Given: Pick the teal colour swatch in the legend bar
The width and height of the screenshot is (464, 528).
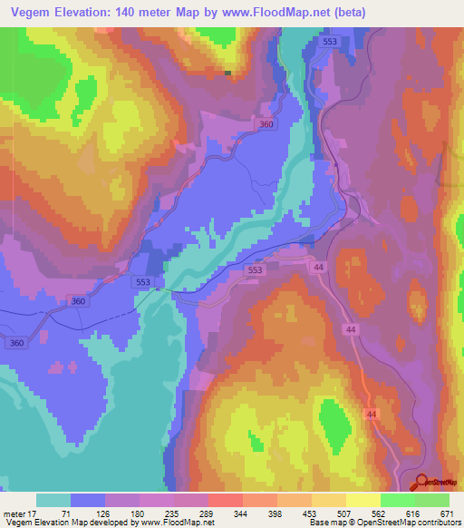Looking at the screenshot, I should [x=53, y=500].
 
